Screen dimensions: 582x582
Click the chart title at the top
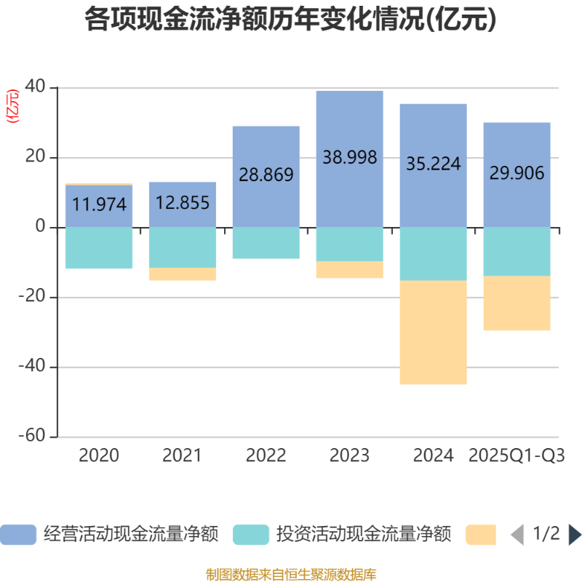[x=291, y=20]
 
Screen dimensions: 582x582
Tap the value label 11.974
[x=99, y=204]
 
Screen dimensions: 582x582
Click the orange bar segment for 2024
[x=434, y=332]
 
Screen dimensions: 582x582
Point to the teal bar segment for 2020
[x=99, y=248]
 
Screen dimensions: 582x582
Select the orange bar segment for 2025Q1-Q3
[x=517, y=303]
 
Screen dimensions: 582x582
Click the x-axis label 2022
[x=266, y=456]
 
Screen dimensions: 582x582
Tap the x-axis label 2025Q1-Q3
[x=517, y=456]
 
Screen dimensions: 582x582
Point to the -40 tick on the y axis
[x=31, y=367]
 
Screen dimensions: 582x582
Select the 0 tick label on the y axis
[x=40, y=227]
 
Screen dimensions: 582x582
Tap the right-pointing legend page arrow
[x=574, y=535]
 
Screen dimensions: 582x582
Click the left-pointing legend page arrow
[x=517, y=535]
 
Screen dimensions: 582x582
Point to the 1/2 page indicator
[x=546, y=535]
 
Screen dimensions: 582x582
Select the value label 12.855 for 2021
[x=183, y=202]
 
